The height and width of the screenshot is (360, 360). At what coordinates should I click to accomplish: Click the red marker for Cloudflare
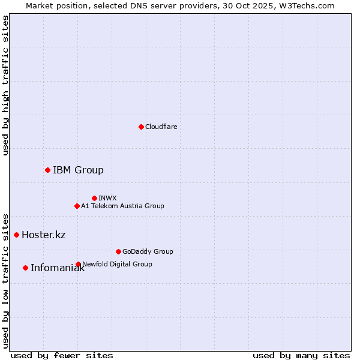pyautogui.click(x=141, y=127)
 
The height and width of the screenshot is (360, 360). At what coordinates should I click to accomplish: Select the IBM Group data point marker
pyautogui.click(x=47, y=170)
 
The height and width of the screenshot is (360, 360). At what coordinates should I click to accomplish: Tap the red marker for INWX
pyautogui.click(x=94, y=198)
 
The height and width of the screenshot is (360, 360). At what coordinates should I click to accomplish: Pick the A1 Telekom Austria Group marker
pyautogui.click(x=77, y=206)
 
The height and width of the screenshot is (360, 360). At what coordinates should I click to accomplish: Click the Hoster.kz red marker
pyautogui.click(x=16, y=235)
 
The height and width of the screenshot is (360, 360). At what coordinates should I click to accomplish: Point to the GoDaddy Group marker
pyautogui.click(x=118, y=251)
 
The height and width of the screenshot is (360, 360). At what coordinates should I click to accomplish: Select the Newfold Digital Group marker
pyautogui.click(x=78, y=264)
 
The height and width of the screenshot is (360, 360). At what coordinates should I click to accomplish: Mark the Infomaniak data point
pyautogui.click(x=25, y=268)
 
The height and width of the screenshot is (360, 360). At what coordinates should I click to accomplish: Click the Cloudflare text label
pyautogui.click(x=161, y=127)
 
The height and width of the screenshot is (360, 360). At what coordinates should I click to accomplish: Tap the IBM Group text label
pyautogui.click(x=78, y=170)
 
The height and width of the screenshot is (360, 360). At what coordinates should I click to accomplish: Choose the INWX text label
pyautogui.click(x=107, y=198)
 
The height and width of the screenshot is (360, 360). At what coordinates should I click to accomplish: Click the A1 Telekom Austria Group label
pyautogui.click(x=122, y=206)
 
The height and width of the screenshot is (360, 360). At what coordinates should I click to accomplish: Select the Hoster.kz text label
pyautogui.click(x=43, y=235)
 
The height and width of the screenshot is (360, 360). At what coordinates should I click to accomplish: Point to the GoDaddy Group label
pyautogui.click(x=148, y=251)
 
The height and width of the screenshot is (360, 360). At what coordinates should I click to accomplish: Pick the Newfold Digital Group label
pyautogui.click(x=117, y=264)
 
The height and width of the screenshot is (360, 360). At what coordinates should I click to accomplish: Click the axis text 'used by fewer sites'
pyautogui.click(x=62, y=355)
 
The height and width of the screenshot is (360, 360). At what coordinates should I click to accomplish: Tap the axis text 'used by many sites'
pyautogui.click(x=301, y=355)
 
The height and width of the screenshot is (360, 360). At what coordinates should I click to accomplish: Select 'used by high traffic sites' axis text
pyautogui.click(x=5, y=85)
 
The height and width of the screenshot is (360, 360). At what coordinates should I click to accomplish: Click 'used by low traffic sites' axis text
pyautogui.click(x=5, y=280)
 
